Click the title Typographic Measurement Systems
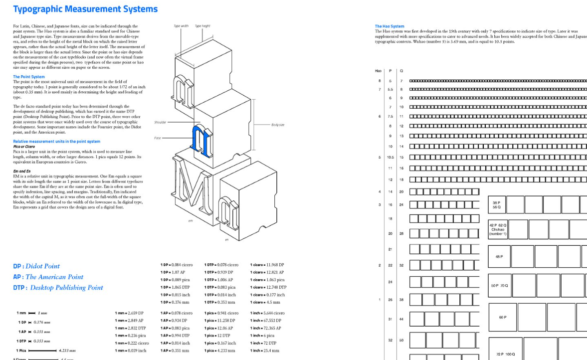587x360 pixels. [85, 9]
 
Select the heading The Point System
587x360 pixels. [29, 77]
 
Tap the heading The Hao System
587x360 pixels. [390, 26]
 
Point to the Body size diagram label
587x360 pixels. [278, 125]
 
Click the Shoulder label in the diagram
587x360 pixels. [161, 122]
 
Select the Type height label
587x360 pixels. [202, 26]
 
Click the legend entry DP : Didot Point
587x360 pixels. [36, 266]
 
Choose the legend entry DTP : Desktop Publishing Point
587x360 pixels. [58, 288]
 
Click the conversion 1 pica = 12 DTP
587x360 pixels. [217, 336]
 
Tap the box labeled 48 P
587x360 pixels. [499, 256]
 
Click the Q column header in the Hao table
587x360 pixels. [401, 71]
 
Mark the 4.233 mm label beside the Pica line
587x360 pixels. [67, 351]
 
